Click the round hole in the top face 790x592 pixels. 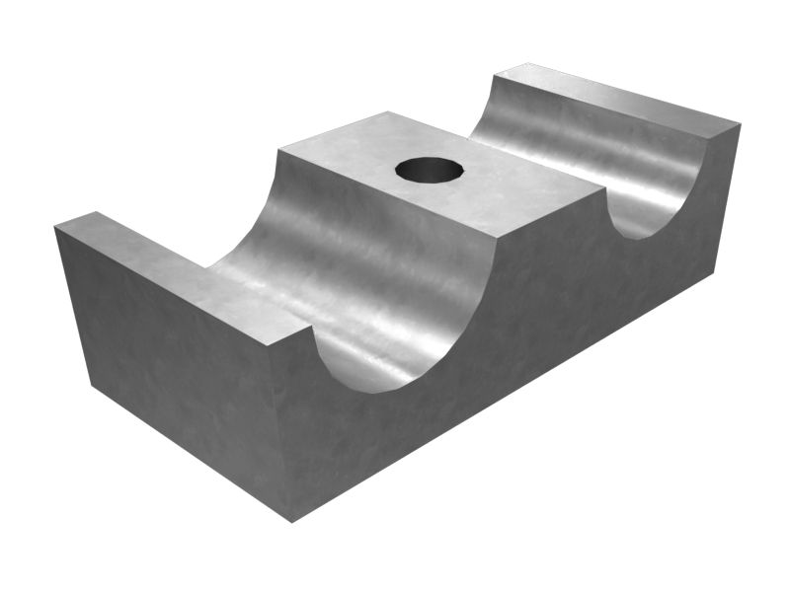(430, 170)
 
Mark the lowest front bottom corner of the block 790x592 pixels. (292, 521)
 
